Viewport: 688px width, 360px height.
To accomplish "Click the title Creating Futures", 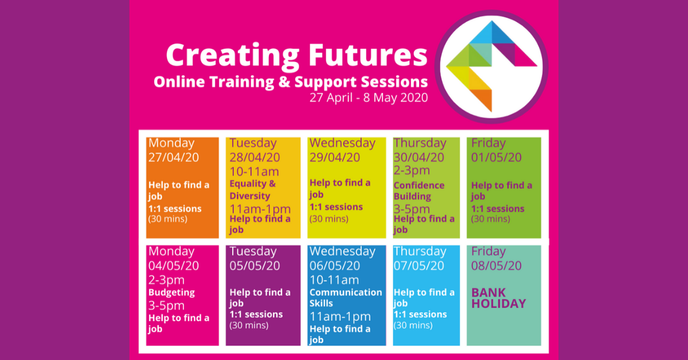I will tap(296, 56).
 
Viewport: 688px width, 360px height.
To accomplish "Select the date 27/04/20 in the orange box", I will tap(174, 157).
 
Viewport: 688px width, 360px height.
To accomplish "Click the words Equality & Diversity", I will tap(253, 190).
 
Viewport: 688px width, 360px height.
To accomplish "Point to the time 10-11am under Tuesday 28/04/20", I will tap(254, 171).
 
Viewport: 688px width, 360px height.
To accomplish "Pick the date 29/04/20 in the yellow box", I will tap(335, 157).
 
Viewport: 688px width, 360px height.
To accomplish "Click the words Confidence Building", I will tap(419, 191).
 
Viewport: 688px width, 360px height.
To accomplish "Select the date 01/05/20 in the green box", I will tap(497, 157).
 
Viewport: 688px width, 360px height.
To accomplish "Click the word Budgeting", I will tap(171, 292).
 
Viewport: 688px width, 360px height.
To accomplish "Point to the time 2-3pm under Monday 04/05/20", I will tap(166, 280).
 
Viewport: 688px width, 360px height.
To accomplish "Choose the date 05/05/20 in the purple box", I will tap(255, 265).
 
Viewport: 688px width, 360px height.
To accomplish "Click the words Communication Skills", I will tap(345, 298).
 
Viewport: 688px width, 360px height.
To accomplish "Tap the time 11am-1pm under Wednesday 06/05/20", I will tap(340, 316).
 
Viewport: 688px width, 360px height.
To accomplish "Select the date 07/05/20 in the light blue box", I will tap(419, 265).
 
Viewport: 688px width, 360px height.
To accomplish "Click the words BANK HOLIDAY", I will tap(498, 298).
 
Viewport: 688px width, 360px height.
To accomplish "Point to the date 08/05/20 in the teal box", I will tap(497, 265).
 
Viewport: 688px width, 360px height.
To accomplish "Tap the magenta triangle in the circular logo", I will tap(525, 57).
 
